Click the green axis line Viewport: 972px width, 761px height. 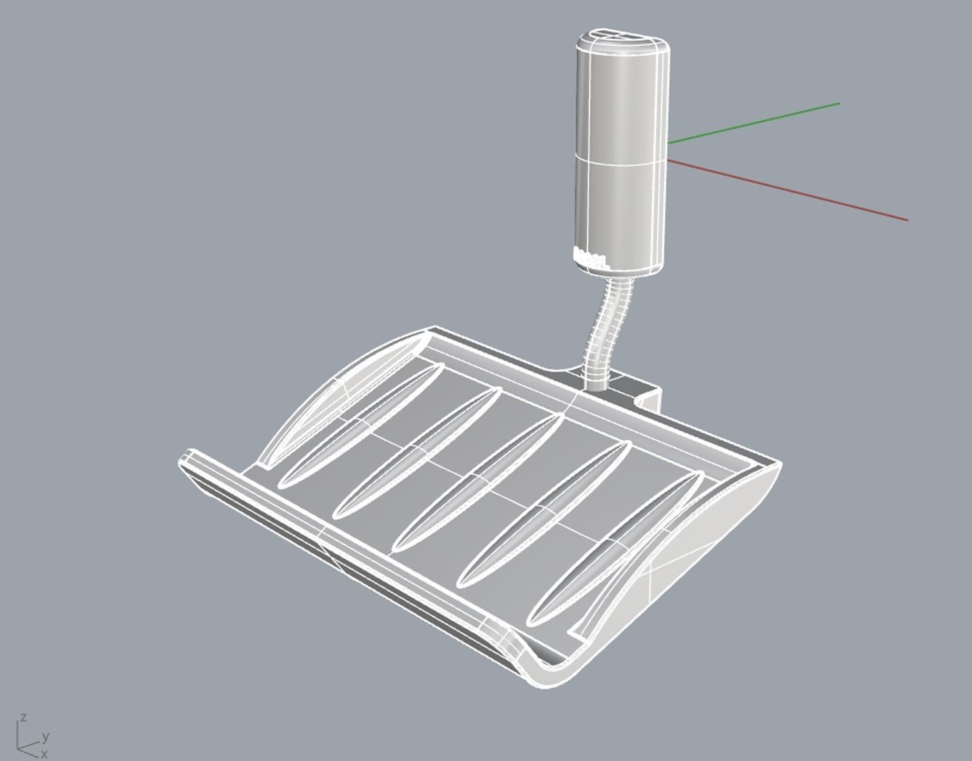tap(754, 123)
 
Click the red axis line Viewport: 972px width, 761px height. tap(789, 190)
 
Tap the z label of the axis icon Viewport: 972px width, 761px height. tap(24, 717)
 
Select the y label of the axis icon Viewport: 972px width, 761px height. tap(45, 737)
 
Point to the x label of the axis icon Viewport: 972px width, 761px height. tap(44, 754)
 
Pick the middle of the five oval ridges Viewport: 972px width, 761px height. tap(479, 483)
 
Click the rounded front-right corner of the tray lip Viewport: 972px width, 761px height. tap(549, 673)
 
